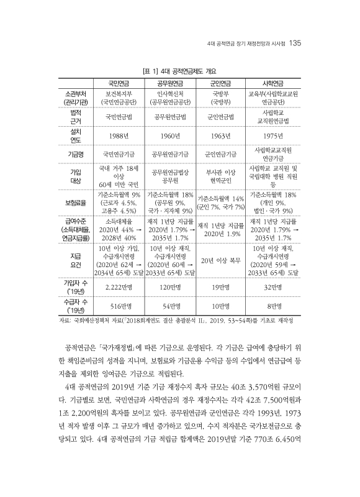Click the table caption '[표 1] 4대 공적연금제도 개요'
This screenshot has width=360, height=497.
click(179, 71)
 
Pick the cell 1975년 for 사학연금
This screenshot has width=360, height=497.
click(274, 135)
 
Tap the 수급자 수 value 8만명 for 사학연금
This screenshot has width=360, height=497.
click(274, 306)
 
